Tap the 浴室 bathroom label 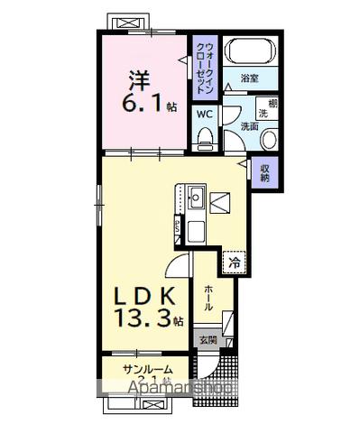252,79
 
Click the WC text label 204,115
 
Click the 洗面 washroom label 248,126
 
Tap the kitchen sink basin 196,194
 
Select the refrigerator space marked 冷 233,263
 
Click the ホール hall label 208,299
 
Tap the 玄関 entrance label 207,339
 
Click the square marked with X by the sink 221,204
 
